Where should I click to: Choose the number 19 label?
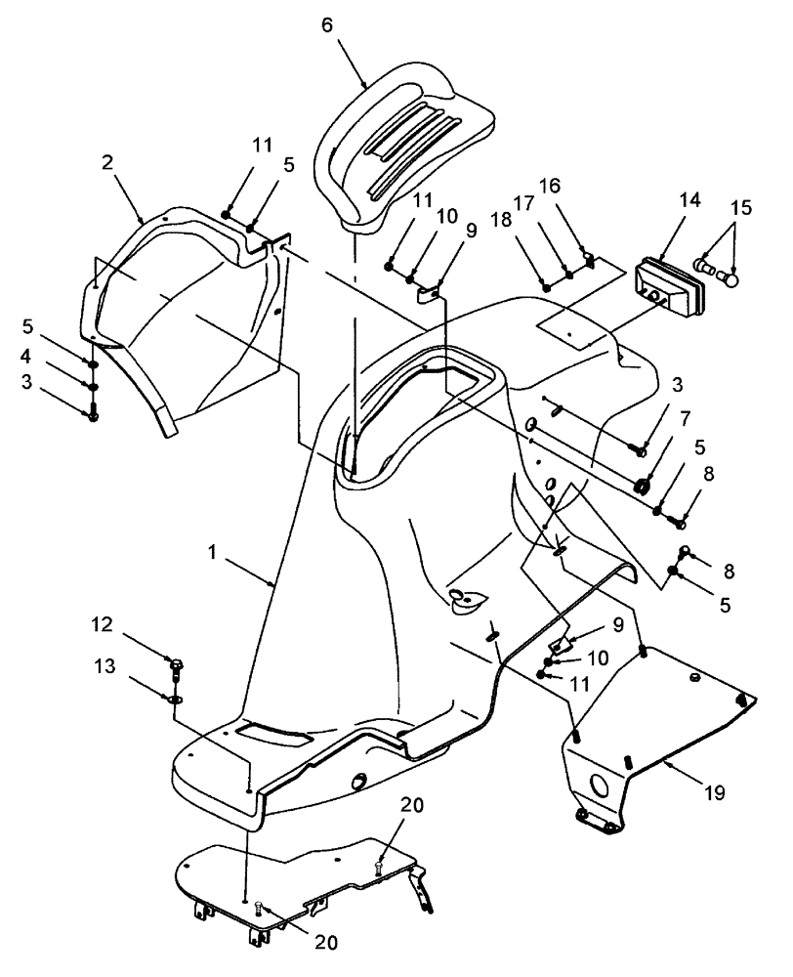(x=717, y=791)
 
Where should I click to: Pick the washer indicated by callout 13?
(x=173, y=700)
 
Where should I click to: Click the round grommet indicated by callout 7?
(x=643, y=485)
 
